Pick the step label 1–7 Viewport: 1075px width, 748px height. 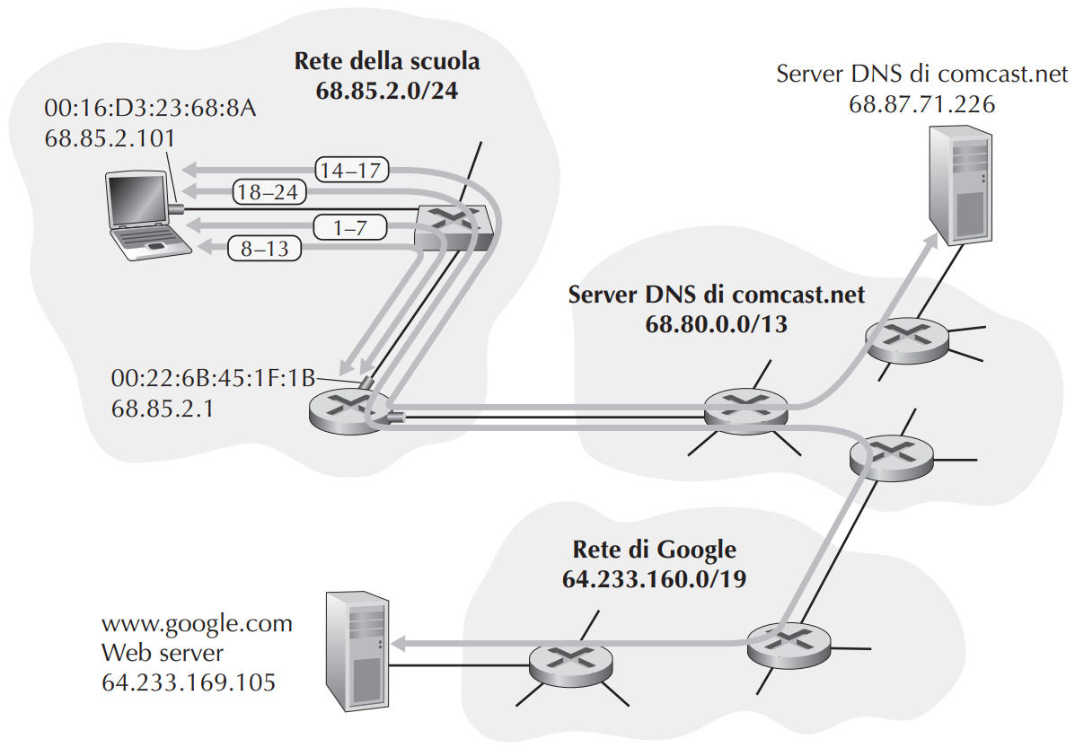(x=350, y=227)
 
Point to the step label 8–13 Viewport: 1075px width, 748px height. (x=266, y=249)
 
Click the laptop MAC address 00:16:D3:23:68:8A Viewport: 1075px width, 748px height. (x=150, y=109)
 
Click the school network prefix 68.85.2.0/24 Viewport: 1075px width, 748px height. (x=386, y=91)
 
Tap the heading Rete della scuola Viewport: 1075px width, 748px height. (x=387, y=62)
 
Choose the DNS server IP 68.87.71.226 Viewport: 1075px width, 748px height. (x=921, y=103)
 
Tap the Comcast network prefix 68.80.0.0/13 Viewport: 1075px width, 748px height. (x=716, y=324)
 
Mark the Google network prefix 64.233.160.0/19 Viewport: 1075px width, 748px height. (x=654, y=578)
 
